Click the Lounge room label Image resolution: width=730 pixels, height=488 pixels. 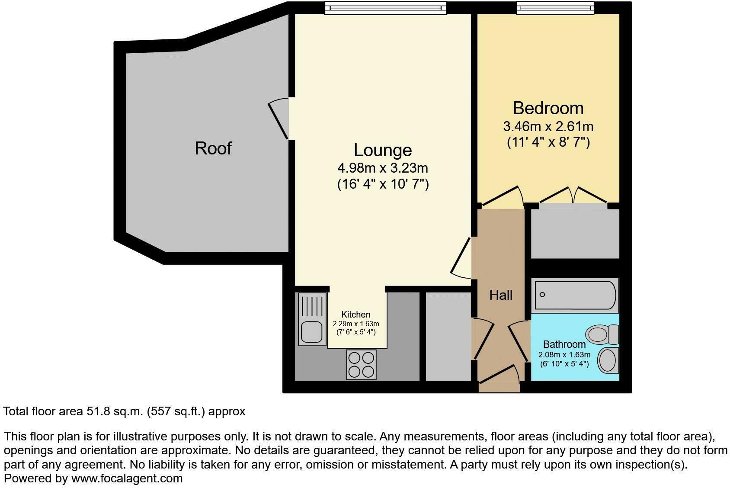[383, 150]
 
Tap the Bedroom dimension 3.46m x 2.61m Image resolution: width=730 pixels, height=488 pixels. [548, 127]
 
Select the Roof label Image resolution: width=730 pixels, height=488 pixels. [213, 148]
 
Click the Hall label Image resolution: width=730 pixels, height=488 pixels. [501, 295]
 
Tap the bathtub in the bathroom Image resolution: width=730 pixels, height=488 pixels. [575, 295]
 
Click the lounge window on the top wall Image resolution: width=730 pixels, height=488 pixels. [385, 7]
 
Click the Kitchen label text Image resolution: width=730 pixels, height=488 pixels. [356, 315]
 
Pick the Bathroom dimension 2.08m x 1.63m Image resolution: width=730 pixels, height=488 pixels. [564, 354]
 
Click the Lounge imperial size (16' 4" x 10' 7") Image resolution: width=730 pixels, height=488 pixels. [383, 184]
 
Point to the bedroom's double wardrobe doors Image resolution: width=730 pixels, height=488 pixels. [573, 195]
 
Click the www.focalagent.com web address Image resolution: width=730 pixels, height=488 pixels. [127, 478]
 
